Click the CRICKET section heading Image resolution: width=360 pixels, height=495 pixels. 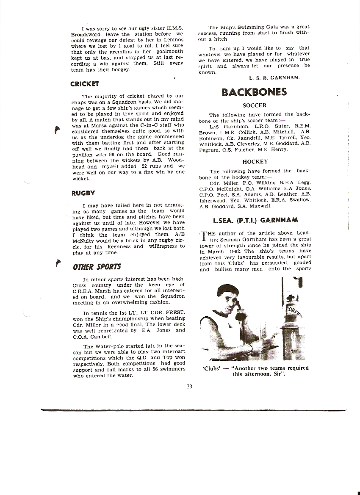[85, 84]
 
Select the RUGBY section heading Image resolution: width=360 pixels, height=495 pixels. [83, 193]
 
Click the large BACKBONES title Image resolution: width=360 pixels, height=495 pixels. [254, 92]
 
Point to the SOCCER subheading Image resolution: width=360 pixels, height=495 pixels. [255, 105]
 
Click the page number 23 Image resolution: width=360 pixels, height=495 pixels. [189, 386]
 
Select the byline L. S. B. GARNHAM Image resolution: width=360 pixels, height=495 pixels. [274, 78]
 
